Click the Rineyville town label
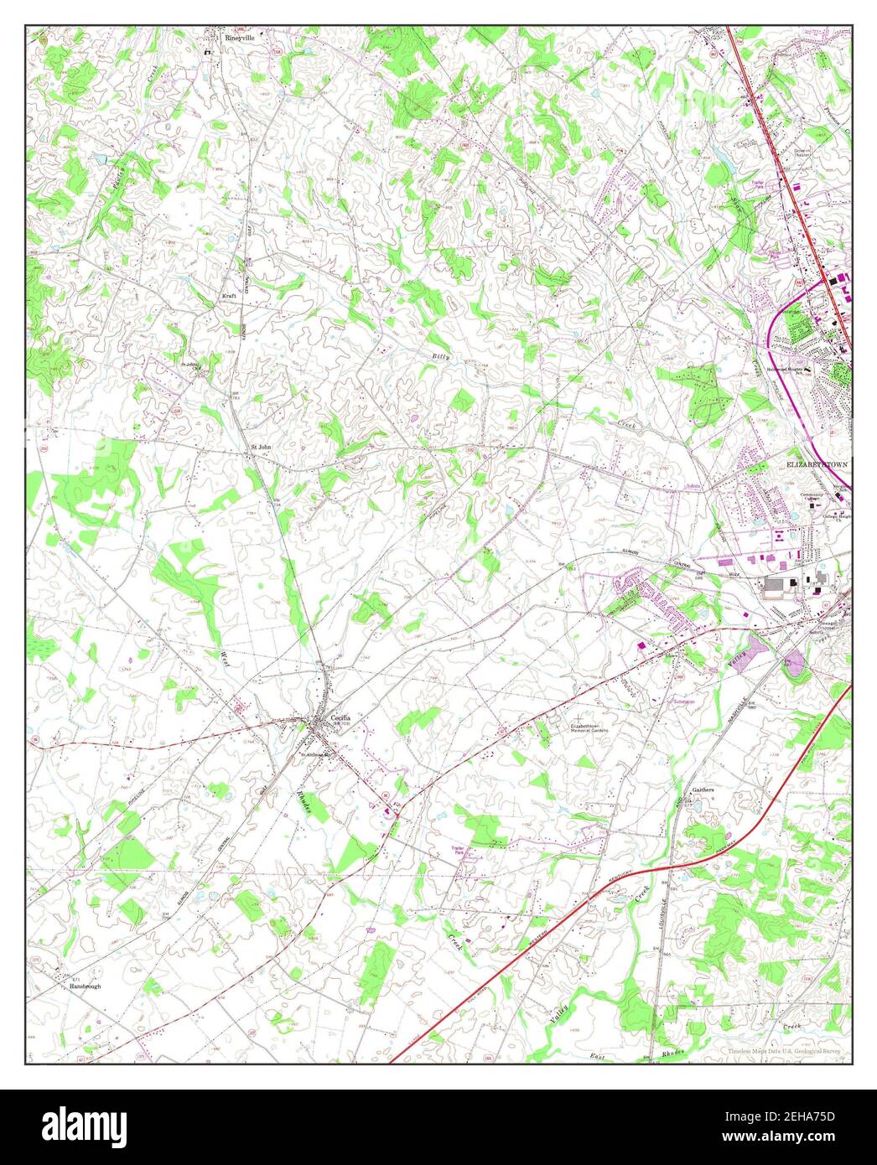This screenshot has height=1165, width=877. (237, 38)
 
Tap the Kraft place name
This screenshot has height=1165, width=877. (230, 296)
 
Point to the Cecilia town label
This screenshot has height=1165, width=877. (340, 718)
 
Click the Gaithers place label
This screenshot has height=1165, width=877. (702, 790)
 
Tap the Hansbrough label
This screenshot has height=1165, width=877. (85, 986)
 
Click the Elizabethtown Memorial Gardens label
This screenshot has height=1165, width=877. (589, 728)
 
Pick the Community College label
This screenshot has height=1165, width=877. (812, 497)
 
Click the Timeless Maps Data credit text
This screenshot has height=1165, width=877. (785, 1052)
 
